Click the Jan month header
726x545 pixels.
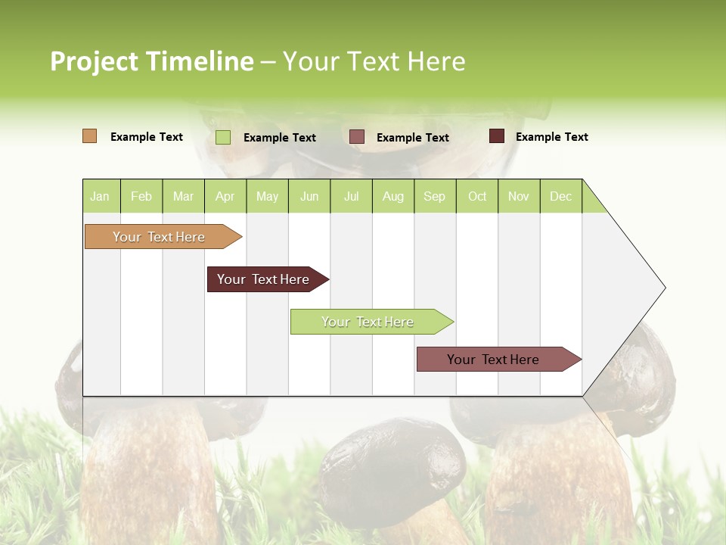pos(100,196)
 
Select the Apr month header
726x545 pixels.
pos(225,196)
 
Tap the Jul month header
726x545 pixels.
pos(351,196)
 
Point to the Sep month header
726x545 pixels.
pos(434,196)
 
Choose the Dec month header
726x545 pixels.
pos(560,196)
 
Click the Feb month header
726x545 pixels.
pos(141,196)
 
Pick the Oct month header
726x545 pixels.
pos(477,196)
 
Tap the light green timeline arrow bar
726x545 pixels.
pos(368,322)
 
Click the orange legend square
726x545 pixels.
pos(90,136)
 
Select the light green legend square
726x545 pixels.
pos(223,137)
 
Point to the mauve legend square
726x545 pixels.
pos(357,136)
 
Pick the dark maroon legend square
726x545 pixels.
pos(496,136)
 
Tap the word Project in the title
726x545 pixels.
pos(95,61)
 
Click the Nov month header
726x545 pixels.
pos(519,196)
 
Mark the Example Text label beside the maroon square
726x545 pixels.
pos(551,137)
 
